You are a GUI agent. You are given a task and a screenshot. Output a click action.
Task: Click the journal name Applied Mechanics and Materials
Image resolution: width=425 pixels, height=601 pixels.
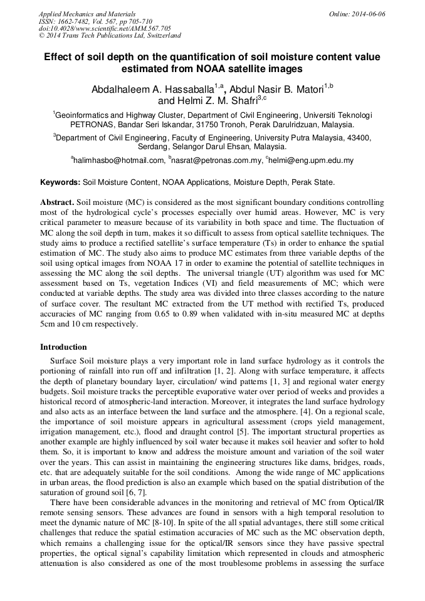click(87, 13)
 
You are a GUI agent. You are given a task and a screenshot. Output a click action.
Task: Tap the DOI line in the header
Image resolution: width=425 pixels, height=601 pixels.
click(105, 28)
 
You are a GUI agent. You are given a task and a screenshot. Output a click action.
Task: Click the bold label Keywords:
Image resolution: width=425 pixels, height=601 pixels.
click(60, 182)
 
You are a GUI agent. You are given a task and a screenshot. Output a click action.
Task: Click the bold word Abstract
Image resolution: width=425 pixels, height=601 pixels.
click(56, 203)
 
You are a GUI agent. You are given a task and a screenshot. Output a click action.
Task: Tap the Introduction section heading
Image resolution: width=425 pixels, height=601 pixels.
click(63, 347)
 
